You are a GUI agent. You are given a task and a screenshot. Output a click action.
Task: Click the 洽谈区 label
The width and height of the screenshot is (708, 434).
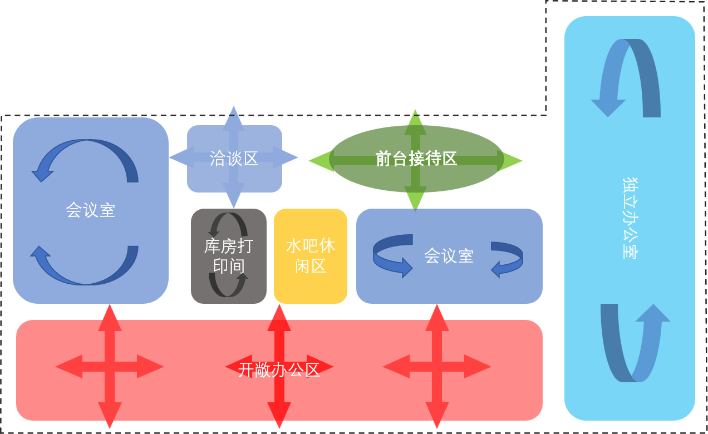(x=234, y=159)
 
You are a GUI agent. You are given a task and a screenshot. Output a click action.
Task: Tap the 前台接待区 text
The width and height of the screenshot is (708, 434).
(x=416, y=159)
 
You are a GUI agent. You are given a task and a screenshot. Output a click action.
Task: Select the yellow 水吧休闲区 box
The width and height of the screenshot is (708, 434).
(x=311, y=256)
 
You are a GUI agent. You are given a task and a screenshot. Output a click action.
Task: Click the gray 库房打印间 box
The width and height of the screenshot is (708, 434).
(x=228, y=256)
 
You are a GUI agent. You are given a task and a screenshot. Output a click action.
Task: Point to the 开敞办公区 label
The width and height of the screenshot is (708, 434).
(x=279, y=370)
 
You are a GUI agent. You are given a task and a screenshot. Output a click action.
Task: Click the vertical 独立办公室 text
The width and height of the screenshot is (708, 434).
(x=630, y=218)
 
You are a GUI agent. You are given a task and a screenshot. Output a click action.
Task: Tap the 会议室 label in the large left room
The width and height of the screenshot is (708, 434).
(x=90, y=210)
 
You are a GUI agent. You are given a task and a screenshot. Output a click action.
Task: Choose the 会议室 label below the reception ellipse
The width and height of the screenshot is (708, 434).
(x=449, y=256)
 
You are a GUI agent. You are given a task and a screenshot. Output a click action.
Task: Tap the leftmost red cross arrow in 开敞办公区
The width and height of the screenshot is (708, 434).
(x=110, y=366)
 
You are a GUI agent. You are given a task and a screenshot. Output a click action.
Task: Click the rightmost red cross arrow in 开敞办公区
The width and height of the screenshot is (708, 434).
(x=437, y=366)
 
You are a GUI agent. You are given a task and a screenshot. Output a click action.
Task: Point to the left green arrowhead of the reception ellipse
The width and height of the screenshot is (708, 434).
(x=319, y=161)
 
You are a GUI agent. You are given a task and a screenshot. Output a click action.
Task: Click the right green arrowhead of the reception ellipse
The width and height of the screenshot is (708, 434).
(x=512, y=161)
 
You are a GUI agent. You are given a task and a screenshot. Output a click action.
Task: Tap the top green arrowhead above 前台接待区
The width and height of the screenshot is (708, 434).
(x=415, y=120)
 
